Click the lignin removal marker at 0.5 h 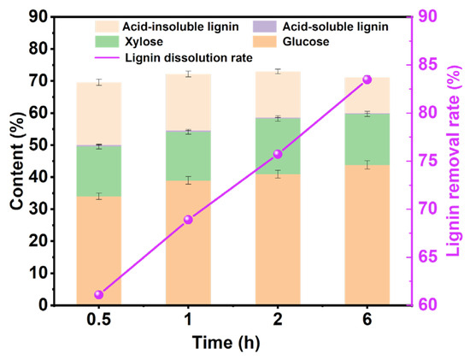[99, 294]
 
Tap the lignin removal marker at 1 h [188, 220]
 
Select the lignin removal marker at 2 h [278, 154]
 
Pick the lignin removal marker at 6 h [367, 80]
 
